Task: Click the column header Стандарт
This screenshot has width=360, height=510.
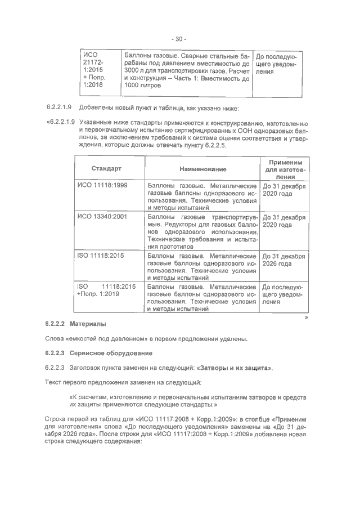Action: (x=106, y=168)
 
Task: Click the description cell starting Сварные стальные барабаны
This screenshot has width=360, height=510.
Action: (x=186, y=71)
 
